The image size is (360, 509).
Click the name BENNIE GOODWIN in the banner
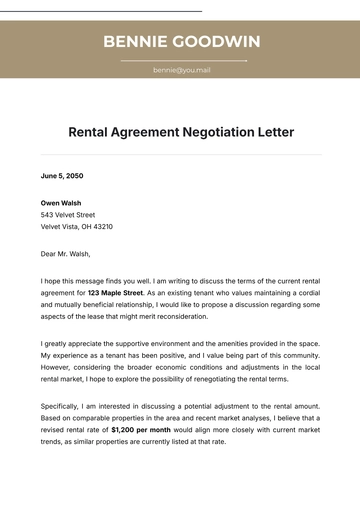(x=181, y=41)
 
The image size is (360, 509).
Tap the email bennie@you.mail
(x=181, y=70)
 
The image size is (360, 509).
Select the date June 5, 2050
(x=62, y=176)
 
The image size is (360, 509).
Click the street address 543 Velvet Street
(x=68, y=215)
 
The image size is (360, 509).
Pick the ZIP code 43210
(x=102, y=227)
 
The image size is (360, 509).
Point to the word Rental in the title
(x=91, y=131)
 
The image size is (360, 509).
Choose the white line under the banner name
(x=183, y=61)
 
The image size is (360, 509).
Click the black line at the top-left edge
(x=100, y=11)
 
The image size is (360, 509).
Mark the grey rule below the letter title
(x=181, y=155)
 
